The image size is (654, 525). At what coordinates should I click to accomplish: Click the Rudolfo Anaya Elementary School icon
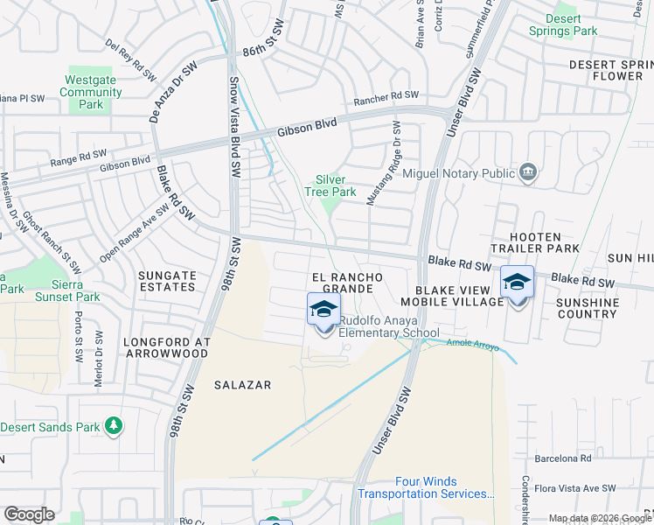(324, 310)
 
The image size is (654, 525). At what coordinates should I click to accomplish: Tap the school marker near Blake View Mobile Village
(517, 283)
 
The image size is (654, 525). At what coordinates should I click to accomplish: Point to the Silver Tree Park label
(330, 185)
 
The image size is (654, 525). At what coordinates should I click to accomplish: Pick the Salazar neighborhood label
(243, 385)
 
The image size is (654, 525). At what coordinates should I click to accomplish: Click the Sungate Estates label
(167, 281)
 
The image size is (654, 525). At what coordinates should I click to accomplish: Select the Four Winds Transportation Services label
(426, 487)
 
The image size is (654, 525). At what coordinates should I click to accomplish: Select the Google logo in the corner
(29, 514)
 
